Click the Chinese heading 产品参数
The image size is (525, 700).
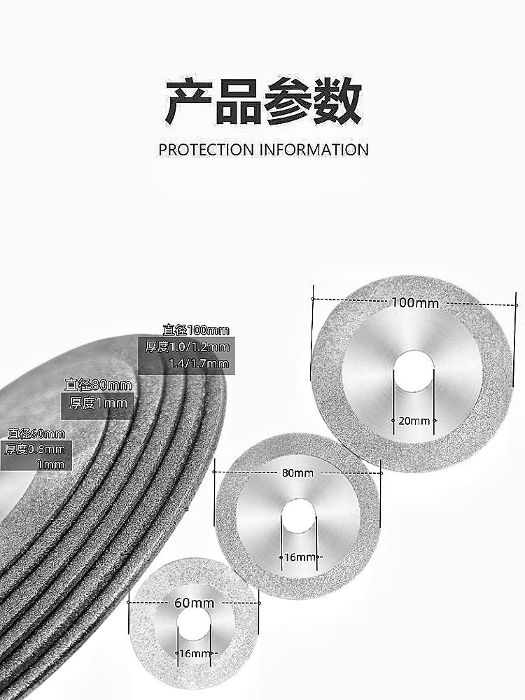pyautogui.click(x=263, y=102)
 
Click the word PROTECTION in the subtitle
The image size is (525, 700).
pyautogui.click(x=206, y=150)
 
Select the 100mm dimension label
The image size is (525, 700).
pyautogui.click(x=415, y=303)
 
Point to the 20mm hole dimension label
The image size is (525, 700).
pyautogui.click(x=414, y=421)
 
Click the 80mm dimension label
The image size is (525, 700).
pyautogui.click(x=298, y=472)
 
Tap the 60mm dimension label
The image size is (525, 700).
pyautogui.click(x=194, y=603)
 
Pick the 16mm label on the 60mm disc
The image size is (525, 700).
pyautogui.click(x=194, y=654)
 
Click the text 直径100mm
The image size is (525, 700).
pyautogui.click(x=196, y=330)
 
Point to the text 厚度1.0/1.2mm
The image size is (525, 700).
pyautogui.click(x=187, y=346)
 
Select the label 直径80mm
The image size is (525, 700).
pyautogui.click(x=98, y=384)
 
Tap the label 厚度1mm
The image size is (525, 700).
pyautogui.click(x=98, y=402)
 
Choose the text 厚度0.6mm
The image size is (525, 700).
pyautogui.click(x=35, y=449)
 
